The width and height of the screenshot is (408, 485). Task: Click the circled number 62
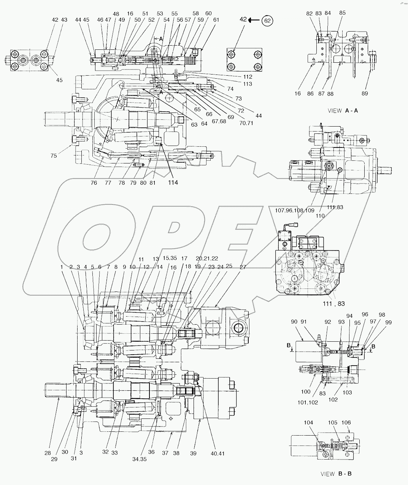click(268, 21)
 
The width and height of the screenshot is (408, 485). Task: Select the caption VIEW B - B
click(336, 474)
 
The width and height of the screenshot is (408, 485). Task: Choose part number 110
click(320, 216)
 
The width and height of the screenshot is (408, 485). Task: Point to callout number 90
click(294, 321)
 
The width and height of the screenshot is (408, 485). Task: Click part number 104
click(308, 423)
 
